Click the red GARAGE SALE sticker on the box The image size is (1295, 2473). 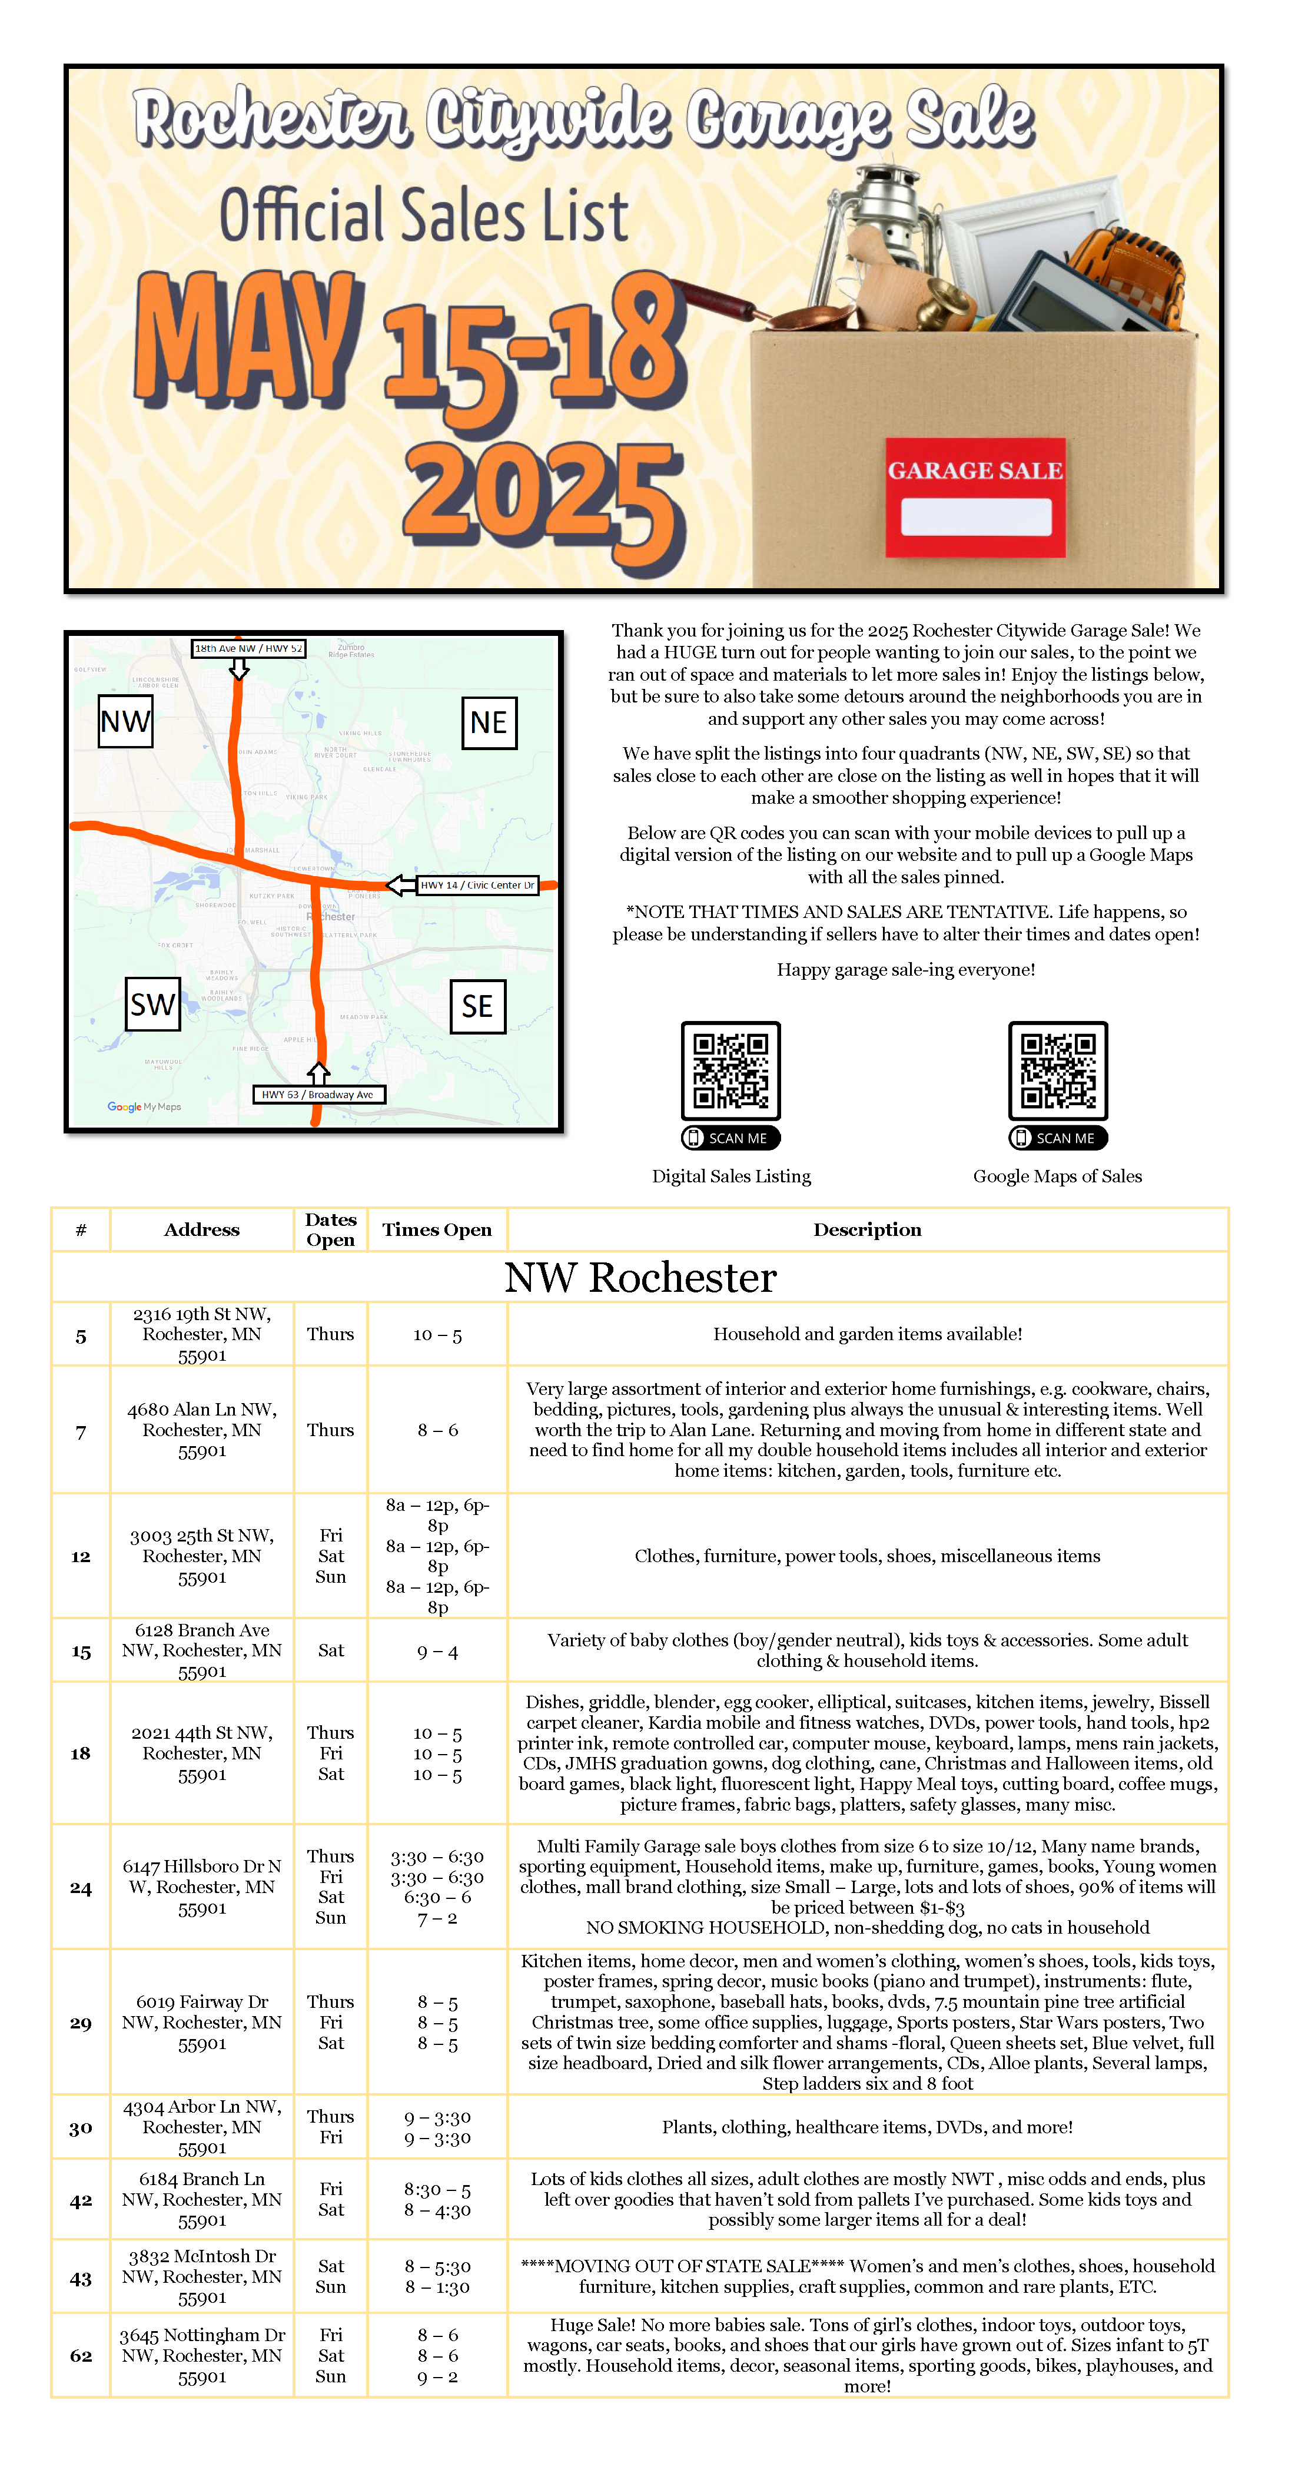pyautogui.click(x=974, y=496)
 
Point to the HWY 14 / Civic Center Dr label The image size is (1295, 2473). pyautogui.click(x=477, y=885)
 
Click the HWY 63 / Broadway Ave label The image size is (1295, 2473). pyautogui.click(x=318, y=1095)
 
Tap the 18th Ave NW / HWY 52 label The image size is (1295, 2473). pyautogui.click(x=248, y=649)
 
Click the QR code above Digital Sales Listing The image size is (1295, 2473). pyautogui.click(x=730, y=1070)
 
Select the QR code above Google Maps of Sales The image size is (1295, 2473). pyautogui.click(x=1057, y=1070)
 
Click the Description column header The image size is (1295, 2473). pyautogui.click(x=867, y=1230)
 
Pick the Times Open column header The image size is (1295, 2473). pyautogui.click(x=437, y=1230)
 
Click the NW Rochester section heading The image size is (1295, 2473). pyautogui.click(x=640, y=1278)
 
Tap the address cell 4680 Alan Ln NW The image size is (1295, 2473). pyautogui.click(x=201, y=1430)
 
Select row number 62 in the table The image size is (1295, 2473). pyautogui.click(x=81, y=2356)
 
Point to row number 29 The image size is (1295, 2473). pyautogui.click(x=81, y=2023)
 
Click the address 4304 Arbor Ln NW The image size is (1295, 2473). pyautogui.click(x=201, y=2126)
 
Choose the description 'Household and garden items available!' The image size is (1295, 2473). pyautogui.click(x=867, y=1334)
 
